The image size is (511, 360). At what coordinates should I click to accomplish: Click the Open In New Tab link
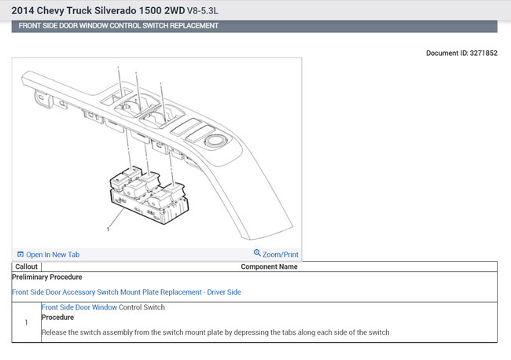[x=53, y=255]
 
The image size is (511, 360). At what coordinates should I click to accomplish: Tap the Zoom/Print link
[x=281, y=255]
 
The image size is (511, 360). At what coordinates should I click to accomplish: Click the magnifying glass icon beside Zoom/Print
[x=257, y=253]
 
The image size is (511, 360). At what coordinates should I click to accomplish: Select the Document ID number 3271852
[x=483, y=53]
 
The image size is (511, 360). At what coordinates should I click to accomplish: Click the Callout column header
[x=27, y=266]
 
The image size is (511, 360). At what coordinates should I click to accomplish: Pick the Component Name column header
[x=269, y=266]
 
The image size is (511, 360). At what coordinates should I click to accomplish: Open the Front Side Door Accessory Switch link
[x=127, y=292]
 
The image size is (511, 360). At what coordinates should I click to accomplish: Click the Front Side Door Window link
[x=79, y=307]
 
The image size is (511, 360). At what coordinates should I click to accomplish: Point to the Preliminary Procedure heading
[x=47, y=277]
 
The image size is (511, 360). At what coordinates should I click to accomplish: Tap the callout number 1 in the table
[x=26, y=322]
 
